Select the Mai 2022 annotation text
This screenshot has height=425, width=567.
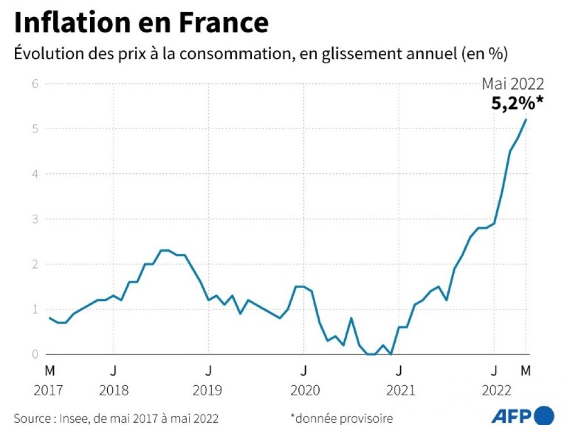point(513,84)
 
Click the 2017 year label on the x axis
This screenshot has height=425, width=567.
point(50,391)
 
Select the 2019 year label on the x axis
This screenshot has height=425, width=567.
point(209,391)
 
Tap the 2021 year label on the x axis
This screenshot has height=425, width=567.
point(400,391)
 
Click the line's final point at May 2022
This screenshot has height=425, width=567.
point(526,120)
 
